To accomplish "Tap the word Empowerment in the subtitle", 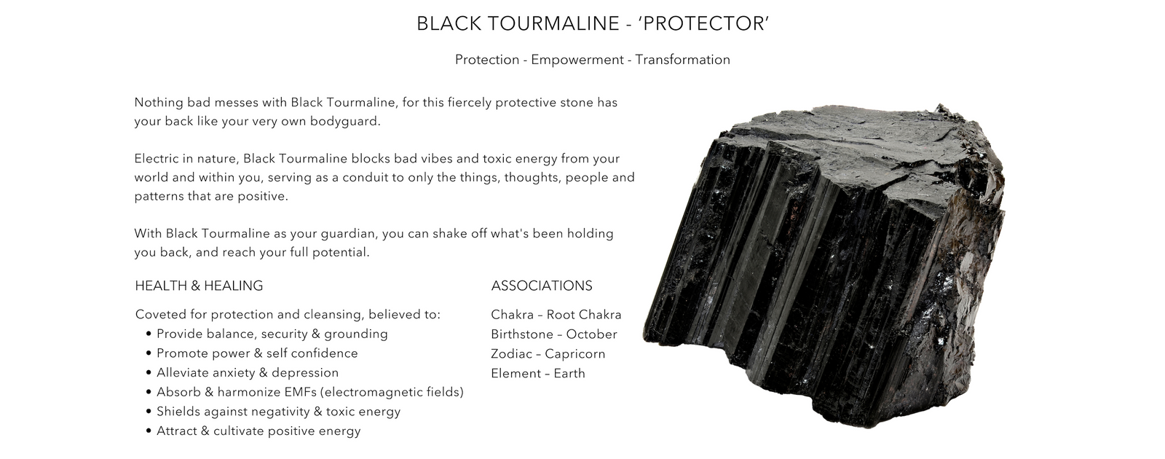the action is tap(577, 60).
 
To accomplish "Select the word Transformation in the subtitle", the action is tap(682, 60).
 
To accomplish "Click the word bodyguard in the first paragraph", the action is tap(345, 121).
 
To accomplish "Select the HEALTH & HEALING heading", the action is tap(200, 286).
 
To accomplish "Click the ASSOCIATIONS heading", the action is tap(542, 286).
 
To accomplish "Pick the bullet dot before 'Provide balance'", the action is tap(149, 334).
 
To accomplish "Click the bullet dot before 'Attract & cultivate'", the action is tap(149, 431).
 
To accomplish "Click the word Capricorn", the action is tap(575, 354).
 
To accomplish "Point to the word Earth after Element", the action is tap(569, 374).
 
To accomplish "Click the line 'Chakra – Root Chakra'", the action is tap(556, 315).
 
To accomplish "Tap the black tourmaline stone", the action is tap(827, 265).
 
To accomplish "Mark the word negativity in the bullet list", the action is tap(281, 412).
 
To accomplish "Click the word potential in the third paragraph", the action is tap(341, 252).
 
